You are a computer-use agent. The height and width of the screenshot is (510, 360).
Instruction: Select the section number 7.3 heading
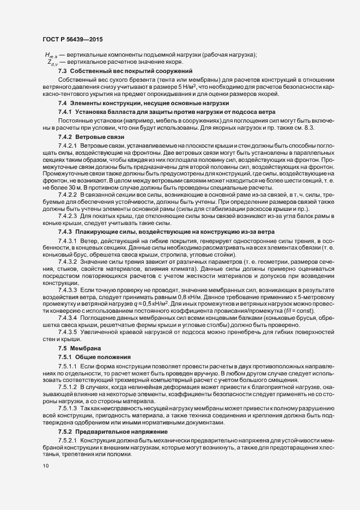[x=62, y=71]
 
